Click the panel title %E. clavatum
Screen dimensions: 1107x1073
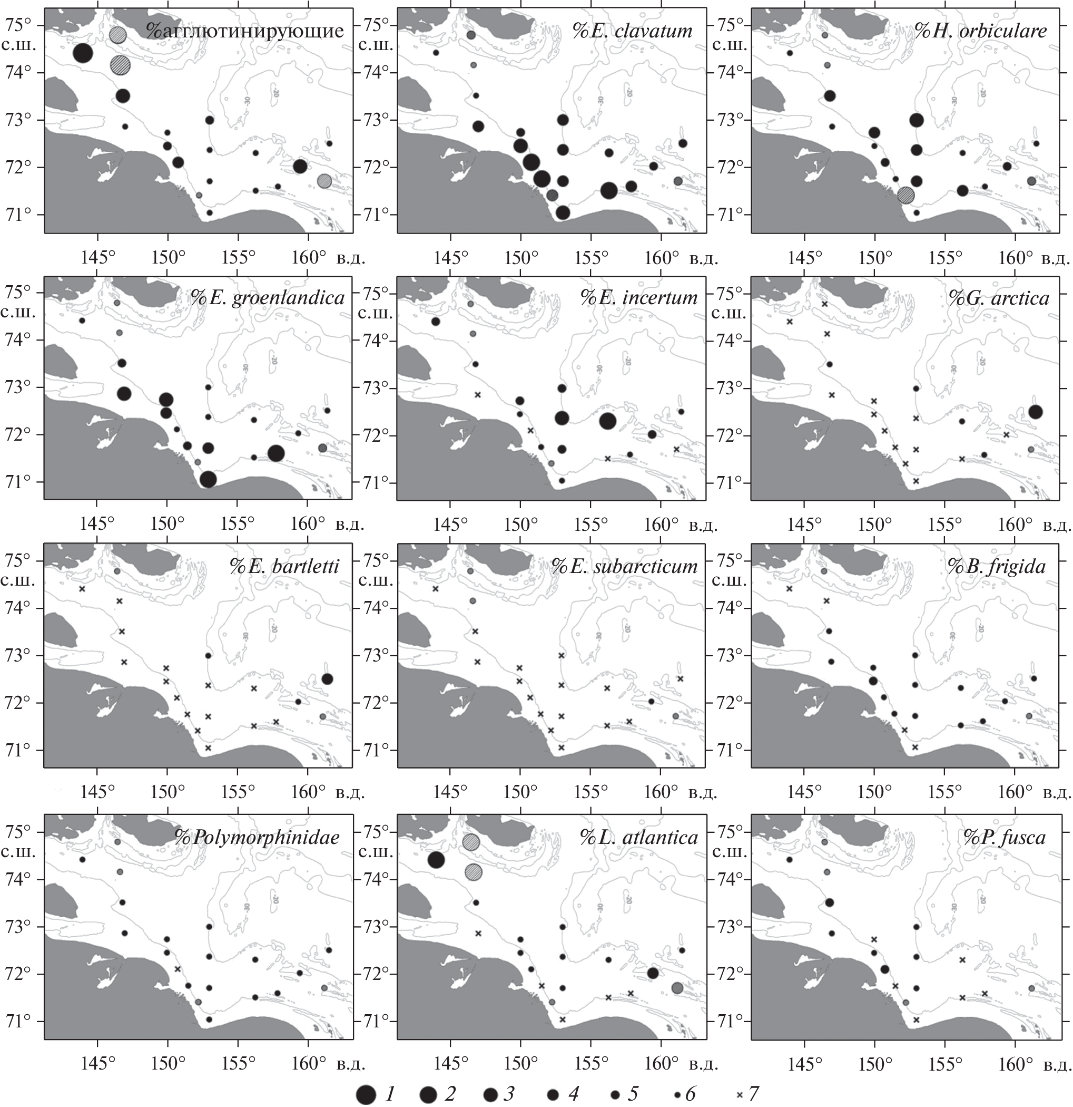632,31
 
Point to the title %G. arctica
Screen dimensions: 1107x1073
999,298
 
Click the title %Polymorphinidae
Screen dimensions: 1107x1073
258,837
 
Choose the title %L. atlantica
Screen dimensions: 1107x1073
639,837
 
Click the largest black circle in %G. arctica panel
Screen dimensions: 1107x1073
1035,412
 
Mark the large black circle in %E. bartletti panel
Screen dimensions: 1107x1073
327,679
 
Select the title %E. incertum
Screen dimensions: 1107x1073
639,298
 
